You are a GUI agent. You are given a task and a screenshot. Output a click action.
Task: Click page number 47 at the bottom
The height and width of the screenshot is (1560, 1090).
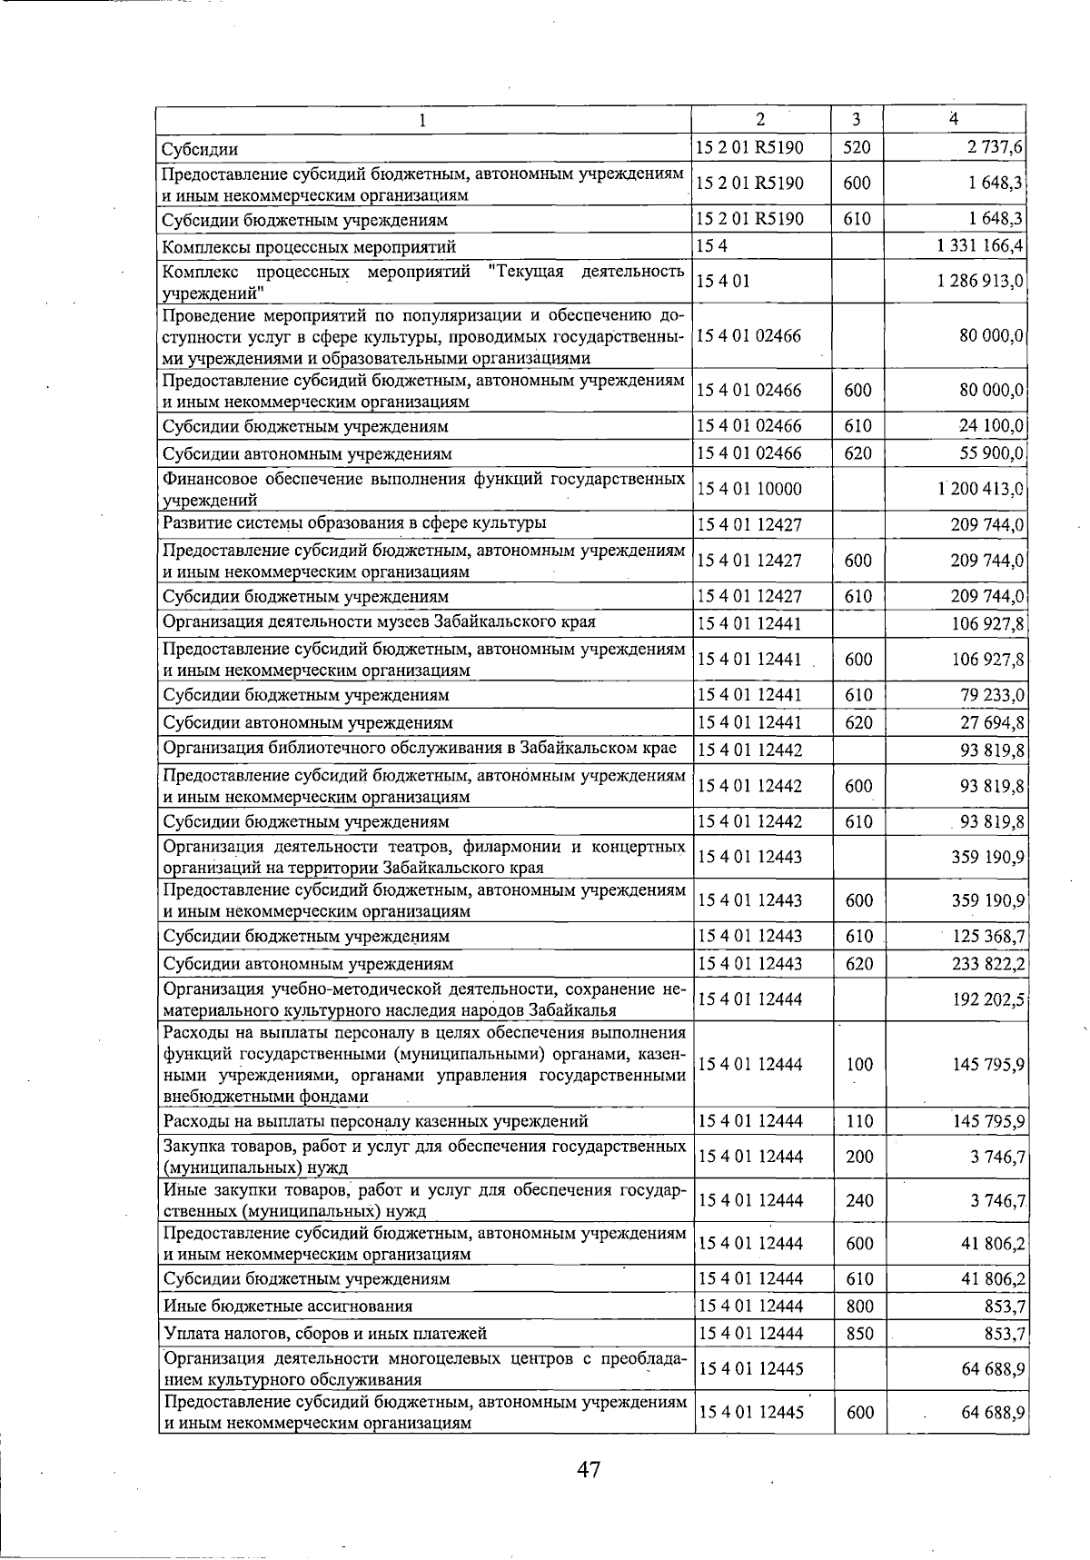[x=588, y=1469]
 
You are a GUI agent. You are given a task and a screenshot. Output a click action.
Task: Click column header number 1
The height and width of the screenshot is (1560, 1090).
[x=422, y=120]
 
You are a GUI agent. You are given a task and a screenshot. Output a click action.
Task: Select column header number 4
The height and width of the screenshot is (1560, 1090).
[x=953, y=119]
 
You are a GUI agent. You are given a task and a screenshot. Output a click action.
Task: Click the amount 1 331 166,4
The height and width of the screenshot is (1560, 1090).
[x=981, y=245]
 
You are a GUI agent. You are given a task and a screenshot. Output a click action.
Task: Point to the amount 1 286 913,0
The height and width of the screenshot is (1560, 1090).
[x=981, y=282]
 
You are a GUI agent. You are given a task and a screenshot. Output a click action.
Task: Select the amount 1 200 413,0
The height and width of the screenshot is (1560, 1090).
[x=981, y=489]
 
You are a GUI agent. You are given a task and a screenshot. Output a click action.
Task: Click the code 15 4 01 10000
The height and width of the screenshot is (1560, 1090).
[x=749, y=489]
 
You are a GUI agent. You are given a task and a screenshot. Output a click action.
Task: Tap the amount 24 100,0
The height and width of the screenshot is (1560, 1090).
[x=992, y=425]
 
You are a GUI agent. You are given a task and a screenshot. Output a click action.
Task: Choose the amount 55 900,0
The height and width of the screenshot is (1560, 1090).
[x=992, y=452]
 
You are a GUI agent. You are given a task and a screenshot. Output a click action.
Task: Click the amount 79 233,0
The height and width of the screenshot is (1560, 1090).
[x=992, y=695]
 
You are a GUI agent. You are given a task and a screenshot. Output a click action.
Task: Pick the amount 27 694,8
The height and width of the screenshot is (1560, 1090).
[x=992, y=722]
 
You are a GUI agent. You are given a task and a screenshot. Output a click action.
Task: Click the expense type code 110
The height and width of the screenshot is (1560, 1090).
[x=859, y=1121]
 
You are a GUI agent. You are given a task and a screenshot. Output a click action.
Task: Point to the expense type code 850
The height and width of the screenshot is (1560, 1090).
[x=859, y=1333]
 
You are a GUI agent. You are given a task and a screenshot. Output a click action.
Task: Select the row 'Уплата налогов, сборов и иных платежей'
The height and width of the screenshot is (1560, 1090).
[x=325, y=1334]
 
